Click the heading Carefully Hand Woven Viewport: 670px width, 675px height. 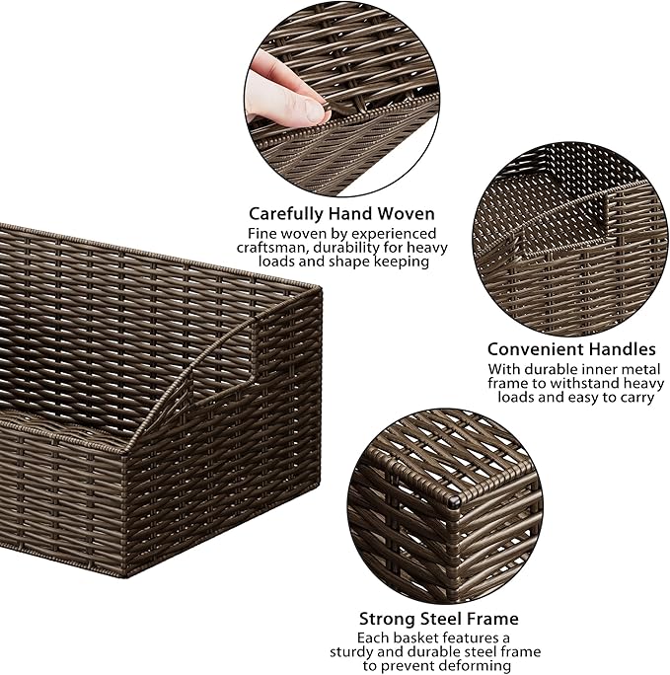click(x=341, y=213)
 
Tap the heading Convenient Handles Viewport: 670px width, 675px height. click(x=571, y=349)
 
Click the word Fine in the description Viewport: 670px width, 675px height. click(x=263, y=234)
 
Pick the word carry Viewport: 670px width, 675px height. click(x=634, y=398)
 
